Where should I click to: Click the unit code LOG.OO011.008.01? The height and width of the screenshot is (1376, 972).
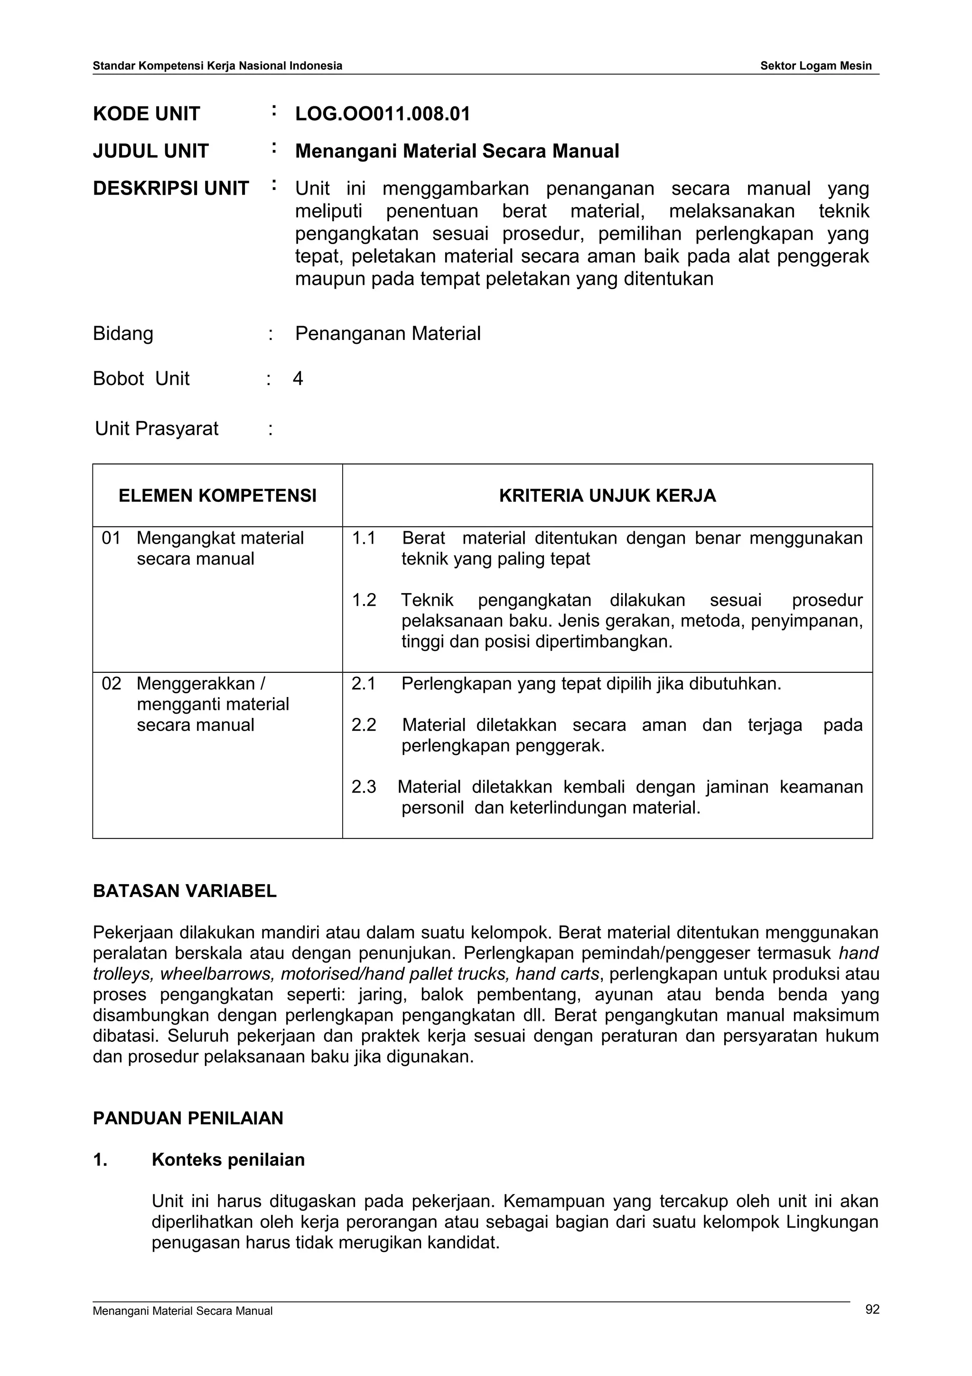click(x=382, y=114)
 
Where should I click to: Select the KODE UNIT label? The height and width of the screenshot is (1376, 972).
click(x=146, y=114)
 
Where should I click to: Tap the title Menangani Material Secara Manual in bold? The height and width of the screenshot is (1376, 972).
click(x=457, y=151)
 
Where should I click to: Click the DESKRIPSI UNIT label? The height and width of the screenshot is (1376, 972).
click(x=171, y=189)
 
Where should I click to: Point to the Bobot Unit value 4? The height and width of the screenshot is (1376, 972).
click(x=298, y=379)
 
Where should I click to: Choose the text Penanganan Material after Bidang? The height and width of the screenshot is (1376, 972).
click(x=387, y=334)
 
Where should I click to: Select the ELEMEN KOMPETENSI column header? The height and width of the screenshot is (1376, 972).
click(x=217, y=496)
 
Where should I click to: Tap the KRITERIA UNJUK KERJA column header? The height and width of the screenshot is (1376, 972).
click(x=607, y=496)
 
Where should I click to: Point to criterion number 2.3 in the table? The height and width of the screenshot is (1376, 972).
click(x=364, y=787)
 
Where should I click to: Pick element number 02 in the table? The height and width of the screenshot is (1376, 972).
click(x=112, y=684)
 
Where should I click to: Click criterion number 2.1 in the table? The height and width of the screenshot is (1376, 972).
click(x=364, y=684)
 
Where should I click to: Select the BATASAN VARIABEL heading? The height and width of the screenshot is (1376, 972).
click(x=185, y=891)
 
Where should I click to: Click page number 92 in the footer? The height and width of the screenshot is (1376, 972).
click(x=872, y=1326)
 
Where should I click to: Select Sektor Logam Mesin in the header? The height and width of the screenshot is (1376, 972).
click(x=816, y=66)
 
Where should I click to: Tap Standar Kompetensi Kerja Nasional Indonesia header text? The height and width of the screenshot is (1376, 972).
click(x=217, y=66)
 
